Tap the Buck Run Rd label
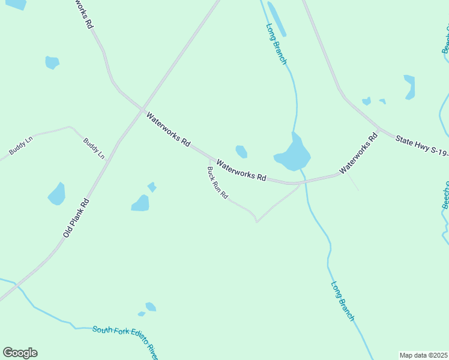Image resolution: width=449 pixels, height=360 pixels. [217, 183]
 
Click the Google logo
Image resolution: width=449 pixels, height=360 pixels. [20, 353]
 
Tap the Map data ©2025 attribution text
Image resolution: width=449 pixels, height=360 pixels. [423, 355]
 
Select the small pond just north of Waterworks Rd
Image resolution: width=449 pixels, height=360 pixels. [241, 151]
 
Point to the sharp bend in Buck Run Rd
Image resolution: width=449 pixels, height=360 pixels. [257, 221]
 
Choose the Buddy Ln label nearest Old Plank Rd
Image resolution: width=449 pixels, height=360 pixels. [94, 148]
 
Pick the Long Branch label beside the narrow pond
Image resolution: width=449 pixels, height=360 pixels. [277, 44]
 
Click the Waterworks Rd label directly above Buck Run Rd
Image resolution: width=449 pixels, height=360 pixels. [241, 170]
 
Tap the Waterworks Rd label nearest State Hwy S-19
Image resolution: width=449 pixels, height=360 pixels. [358, 154]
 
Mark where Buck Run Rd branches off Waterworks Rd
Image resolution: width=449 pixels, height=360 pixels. [208, 160]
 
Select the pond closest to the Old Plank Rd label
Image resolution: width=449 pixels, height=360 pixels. [56, 194]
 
